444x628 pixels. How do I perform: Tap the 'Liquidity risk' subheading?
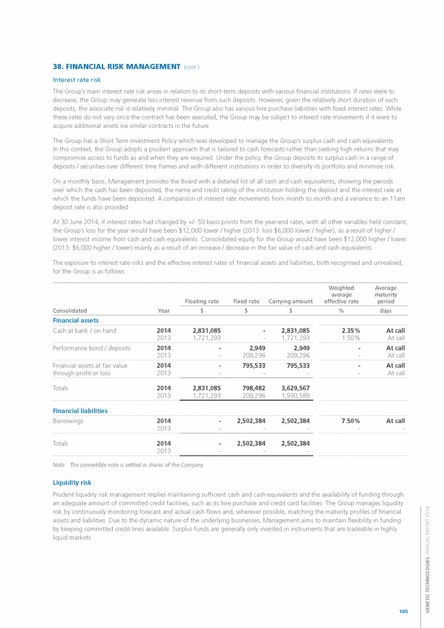72,482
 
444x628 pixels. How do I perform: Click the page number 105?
404,611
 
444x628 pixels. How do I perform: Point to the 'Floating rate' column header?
202,301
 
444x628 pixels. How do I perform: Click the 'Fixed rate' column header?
246,301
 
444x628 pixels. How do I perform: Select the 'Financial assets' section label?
76,320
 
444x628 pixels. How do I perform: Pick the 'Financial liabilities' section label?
80,411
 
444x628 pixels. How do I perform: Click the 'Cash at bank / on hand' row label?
84,330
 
